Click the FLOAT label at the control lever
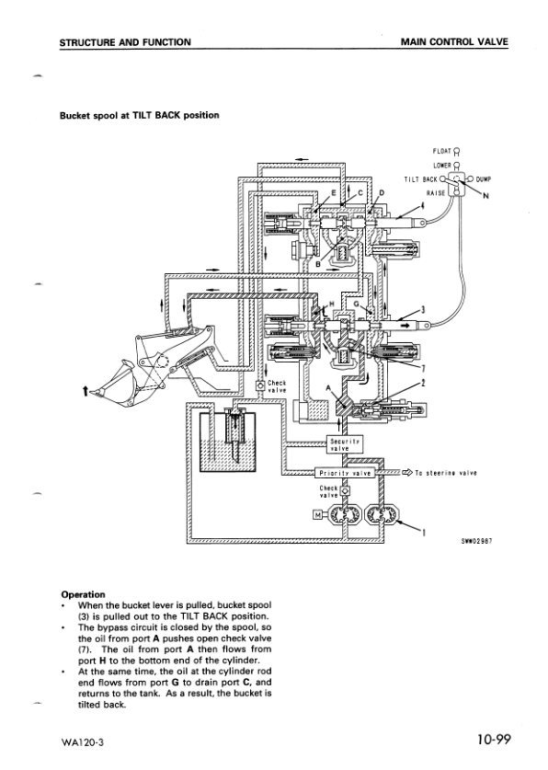click(x=440, y=152)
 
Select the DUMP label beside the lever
click(x=484, y=179)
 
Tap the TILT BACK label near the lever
click(x=420, y=179)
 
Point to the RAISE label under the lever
click(x=435, y=193)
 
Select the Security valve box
click(x=344, y=445)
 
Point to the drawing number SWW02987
click(x=477, y=542)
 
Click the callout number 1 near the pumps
click(x=422, y=532)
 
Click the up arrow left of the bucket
click(x=86, y=391)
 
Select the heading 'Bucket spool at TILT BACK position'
click(x=139, y=115)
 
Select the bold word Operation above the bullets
click(x=83, y=594)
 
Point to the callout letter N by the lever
click(x=486, y=196)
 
